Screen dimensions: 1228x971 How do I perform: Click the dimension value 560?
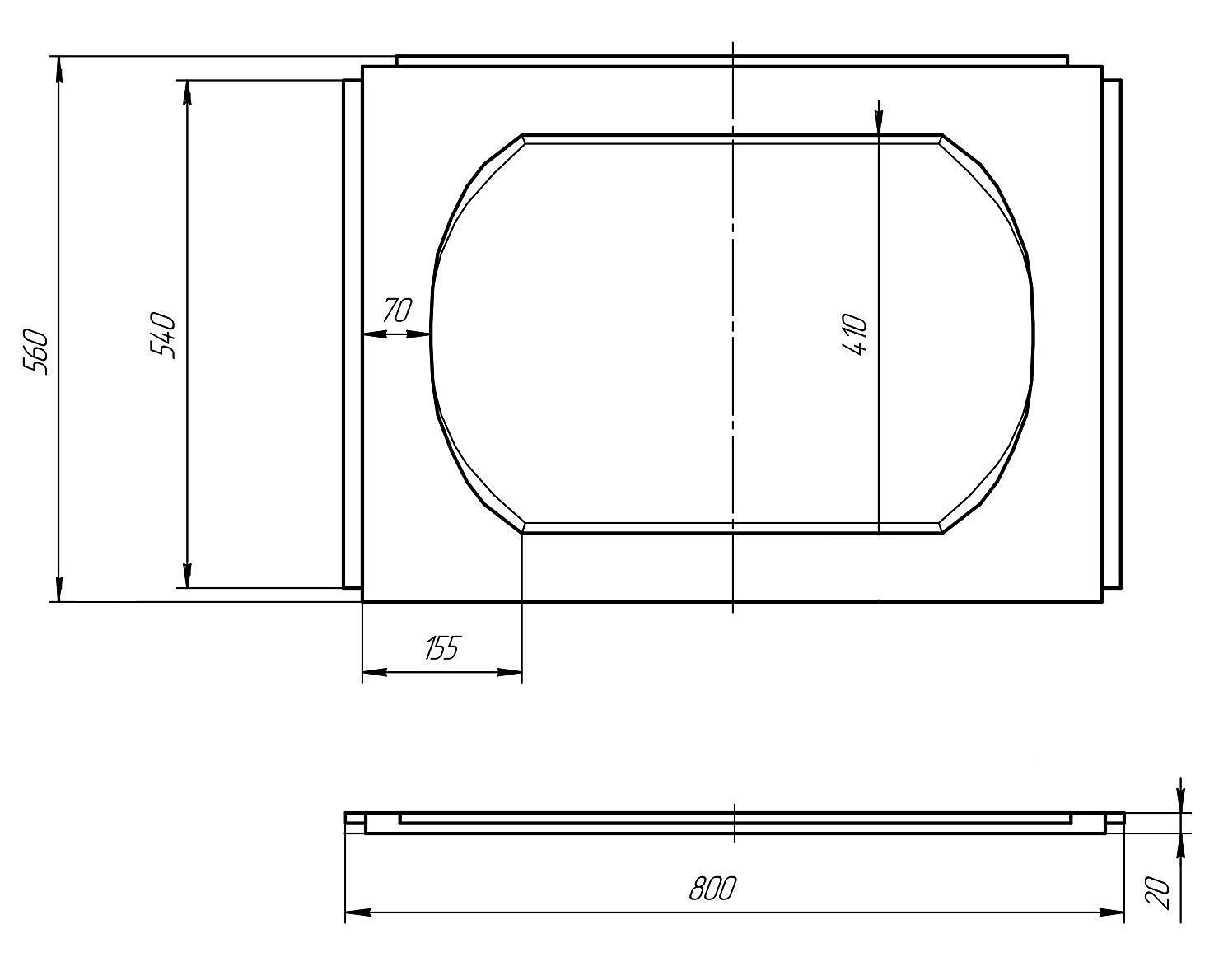tap(36, 351)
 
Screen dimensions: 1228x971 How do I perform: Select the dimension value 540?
tap(164, 335)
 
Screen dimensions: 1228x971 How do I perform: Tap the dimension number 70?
tap(397, 310)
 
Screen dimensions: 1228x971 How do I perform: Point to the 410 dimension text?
tap(855, 334)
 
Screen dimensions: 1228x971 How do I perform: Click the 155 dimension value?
tap(442, 647)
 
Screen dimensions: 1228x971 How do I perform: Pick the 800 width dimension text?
tap(712, 888)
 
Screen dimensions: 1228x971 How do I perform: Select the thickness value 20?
tap(1159, 893)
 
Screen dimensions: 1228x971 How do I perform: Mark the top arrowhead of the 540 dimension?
tap(187, 92)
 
